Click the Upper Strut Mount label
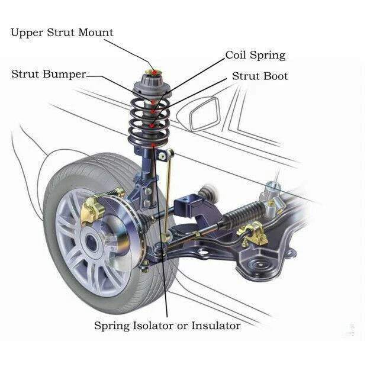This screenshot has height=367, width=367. (x=62, y=33)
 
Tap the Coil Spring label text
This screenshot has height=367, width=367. (x=255, y=56)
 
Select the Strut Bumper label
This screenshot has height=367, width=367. (x=49, y=75)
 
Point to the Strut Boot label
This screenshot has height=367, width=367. (x=260, y=76)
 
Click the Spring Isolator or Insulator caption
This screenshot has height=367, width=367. (x=168, y=326)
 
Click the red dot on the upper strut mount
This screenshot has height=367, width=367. (x=156, y=72)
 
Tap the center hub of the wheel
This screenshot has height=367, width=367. (x=92, y=242)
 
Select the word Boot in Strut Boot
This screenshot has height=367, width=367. (x=276, y=76)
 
